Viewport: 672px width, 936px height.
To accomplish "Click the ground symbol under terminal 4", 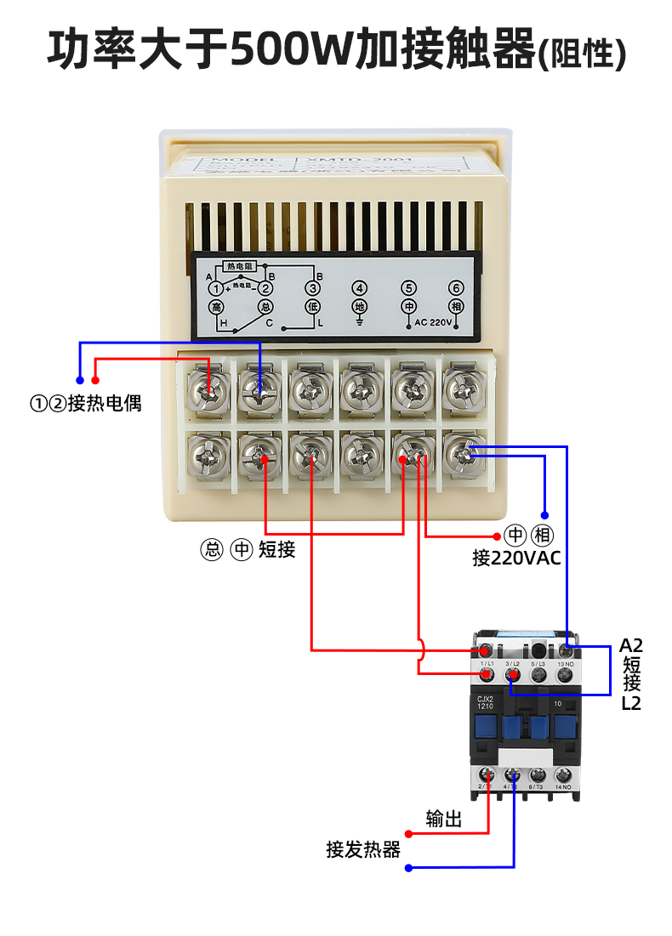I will [x=360, y=321].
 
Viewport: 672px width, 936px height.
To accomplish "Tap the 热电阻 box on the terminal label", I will [x=240, y=266].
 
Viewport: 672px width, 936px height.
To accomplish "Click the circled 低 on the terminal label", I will [x=312, y=307].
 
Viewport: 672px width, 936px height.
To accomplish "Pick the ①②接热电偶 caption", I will [x=86, y=403].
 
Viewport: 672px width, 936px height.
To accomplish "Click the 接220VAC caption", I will [x=516, y=559].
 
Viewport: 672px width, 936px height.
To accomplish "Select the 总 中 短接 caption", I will [x=248, y=550].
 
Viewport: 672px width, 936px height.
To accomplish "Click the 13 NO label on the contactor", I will [x=564, y=663].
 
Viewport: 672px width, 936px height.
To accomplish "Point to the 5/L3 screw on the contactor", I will [x=538, y=675].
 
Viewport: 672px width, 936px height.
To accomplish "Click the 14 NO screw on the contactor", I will [x=562, y=774].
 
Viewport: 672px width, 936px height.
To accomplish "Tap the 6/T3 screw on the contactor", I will [x=538, y=774].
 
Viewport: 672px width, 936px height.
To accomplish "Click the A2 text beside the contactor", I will [x=630, y=645].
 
